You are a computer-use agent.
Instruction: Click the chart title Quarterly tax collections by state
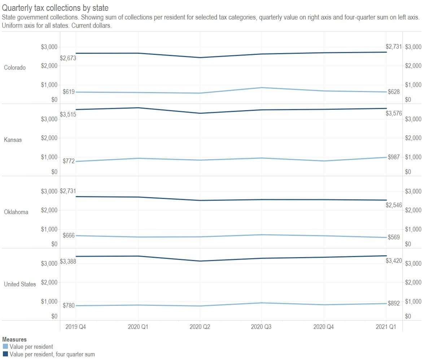coord(55,8)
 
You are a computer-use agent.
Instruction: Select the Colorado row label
coord(15,68)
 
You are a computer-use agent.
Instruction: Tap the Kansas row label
coord(13,140)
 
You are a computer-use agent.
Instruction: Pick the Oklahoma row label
coord(16,212)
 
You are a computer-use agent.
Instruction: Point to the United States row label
coord(20,284)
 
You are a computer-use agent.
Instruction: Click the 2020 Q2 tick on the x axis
coord(200,327)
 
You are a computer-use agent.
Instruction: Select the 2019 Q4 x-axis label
coord(75,327)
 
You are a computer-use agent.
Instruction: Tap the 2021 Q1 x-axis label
coord(386,327)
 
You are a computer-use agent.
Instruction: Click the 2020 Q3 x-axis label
coord(262,327)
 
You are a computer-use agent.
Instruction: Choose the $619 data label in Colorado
coord(69,92)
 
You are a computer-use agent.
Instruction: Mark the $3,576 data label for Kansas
coord(393,113)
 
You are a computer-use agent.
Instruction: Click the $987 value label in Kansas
coord(394,157)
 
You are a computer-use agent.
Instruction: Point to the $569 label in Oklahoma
coord(394,237)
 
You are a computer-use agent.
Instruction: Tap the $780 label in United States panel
coord(69,305)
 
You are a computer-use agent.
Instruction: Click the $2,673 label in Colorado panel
coord(68,58)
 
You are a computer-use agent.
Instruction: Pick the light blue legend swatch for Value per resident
coord(5,347)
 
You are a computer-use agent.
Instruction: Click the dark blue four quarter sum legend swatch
coord(5,354)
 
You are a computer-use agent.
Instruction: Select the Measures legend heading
coord(14,339)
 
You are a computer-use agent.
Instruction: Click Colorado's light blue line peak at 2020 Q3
coord(262,87)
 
